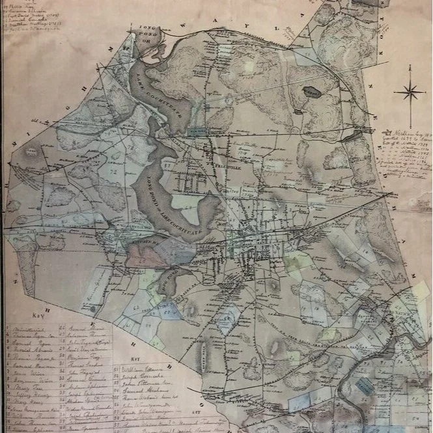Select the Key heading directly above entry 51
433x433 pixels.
pos(136,359)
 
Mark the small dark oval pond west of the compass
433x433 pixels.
pos(312,92)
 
